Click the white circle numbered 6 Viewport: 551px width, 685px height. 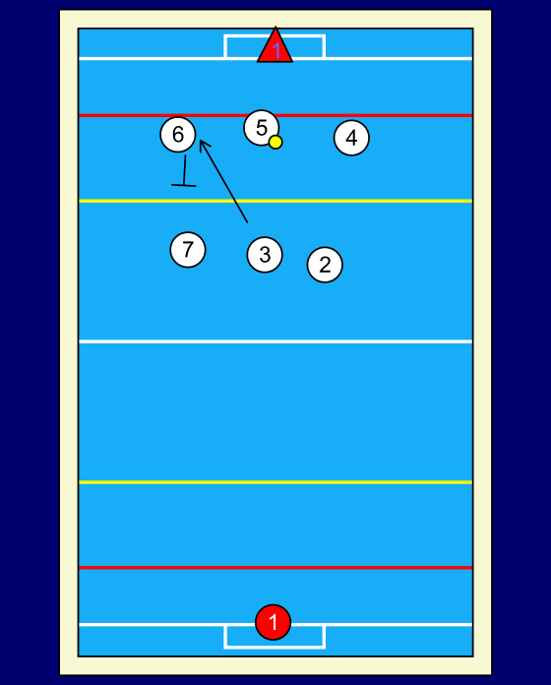pyautogui.click(x=178, y=134)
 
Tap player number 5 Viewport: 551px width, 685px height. pyautogui.click(x=261, y=128)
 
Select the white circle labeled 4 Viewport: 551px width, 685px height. pyautogui.click(x=351, y=138)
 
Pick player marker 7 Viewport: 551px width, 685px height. pyautogui.click(x=188, y=249)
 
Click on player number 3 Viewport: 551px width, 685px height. pyautogui.click(x=265, y=254)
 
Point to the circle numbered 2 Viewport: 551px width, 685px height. pyautogui.click(x=325, y=265)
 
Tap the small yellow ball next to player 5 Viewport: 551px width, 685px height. pyautogui.click(x=275, y=142)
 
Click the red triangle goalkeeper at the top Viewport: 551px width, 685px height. pyautogui.click(x=275, y=47)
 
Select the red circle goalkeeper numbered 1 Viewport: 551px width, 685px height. pyautogui.click(x=273, y=622)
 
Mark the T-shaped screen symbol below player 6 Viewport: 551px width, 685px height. pyautogui.click(x=184, y=171)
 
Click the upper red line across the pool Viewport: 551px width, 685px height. pyautogui.click(x=275, y=115)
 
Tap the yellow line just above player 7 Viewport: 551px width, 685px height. pyautogui.click(x=275, y=201)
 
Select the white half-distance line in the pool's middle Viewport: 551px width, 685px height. pyautogui.click(x=275, y=342)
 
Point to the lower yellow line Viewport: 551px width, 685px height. pyautogui.click(x=275, y=482)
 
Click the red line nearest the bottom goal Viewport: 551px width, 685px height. pyautogui.click(x=275, y=568)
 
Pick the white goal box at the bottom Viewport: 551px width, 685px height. pyautogui.click(x=225, y=638)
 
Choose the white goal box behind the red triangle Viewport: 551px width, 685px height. pyautogui.click(x=225, y=46)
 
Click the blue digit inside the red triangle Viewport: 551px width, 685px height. pyautogui.click(x=275, y=51)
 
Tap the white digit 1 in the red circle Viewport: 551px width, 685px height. pyautogui.click(x=274, y=622)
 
